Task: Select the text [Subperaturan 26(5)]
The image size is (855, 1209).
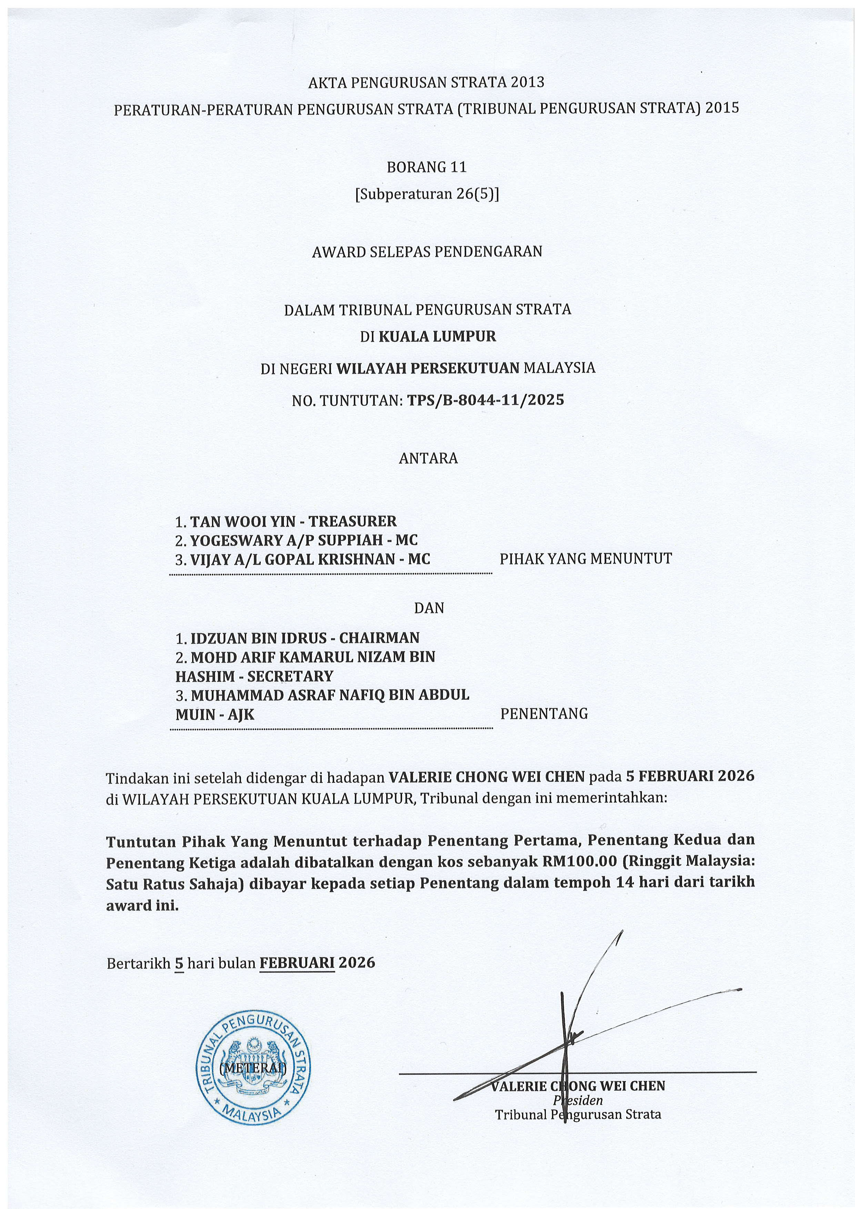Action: [x=427, y=194]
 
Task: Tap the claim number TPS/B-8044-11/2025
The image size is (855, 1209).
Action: [x=485, y=400]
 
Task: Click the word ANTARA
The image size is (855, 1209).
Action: [x=428, y=458]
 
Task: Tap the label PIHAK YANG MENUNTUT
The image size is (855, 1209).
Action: [x=585, y=558]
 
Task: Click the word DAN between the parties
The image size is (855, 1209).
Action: [x=429, y=608]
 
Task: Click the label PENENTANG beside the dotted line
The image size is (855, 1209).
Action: [x=544, y=714]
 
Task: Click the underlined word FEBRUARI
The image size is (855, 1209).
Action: [x=297, y=963]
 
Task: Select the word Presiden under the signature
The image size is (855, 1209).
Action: [x=578, y=1100]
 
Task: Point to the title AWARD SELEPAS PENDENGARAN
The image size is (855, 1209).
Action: [x=427, y=252]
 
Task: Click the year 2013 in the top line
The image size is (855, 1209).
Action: [x=526, y=82]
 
